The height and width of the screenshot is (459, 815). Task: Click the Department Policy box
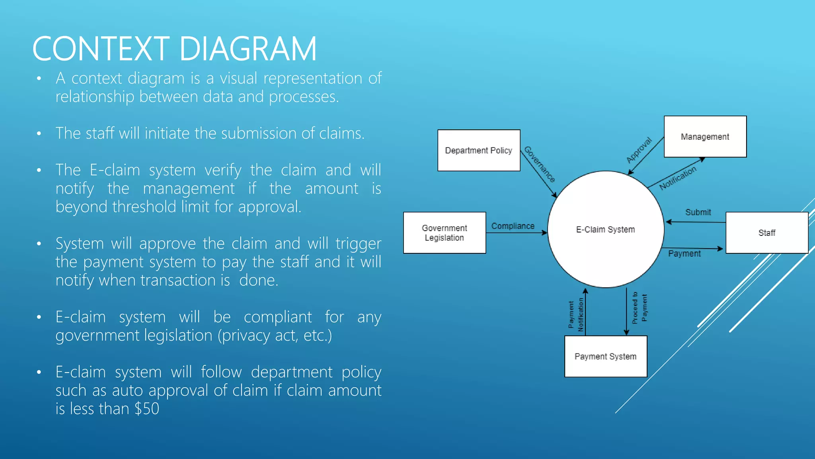pos(479,150)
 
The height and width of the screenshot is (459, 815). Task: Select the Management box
pos(705,137)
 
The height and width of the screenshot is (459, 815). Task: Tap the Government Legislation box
pos(445,233)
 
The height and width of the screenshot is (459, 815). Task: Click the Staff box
pos(766,233)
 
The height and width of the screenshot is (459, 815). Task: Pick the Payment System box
pos(605,356)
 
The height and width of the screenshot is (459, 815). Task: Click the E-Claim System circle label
pos(605,229)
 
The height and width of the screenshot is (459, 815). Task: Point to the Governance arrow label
pos(539,164)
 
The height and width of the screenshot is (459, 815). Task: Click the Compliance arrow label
pos(513,226)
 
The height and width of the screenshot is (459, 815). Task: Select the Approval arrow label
pos(639,150)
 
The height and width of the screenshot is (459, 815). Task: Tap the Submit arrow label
pos(698,212)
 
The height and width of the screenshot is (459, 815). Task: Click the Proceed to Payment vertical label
pos(640,308)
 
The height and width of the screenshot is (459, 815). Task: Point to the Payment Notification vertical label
pos(576,315)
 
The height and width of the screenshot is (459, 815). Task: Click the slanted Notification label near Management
pos(678,178)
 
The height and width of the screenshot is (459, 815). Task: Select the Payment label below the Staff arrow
pos(684,253)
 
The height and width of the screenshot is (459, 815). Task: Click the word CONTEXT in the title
pos(101,49)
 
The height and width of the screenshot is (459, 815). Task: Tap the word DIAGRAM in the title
pos(248,49)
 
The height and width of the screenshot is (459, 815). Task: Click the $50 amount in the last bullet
pos(147,409)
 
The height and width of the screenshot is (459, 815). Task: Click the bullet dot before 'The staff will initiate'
pos(39,133)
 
